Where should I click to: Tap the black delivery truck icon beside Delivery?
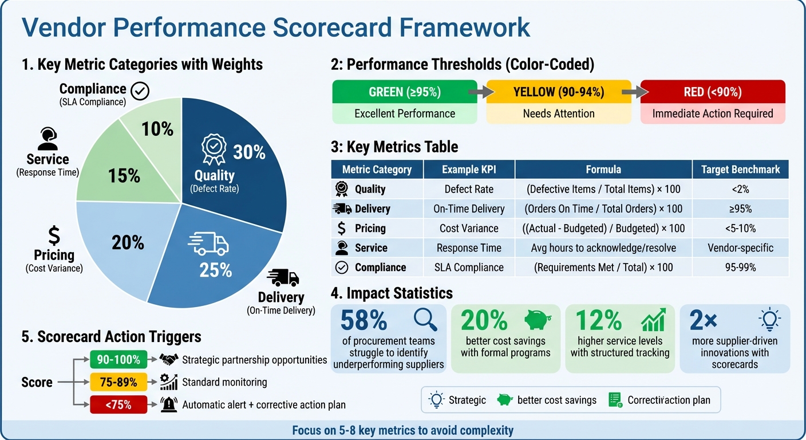pyautogui.click(x=283, y=277)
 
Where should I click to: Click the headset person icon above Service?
pyautogui.click(x=48, y=138)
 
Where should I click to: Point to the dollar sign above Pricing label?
pyautogui.click(x=54, y=235)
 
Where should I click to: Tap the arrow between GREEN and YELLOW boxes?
pyautogui.click(x=481, y=92)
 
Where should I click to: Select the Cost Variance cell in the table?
pyautogui.click(x=469, y=228)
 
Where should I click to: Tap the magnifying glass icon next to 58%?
pyautogui.click(x=425, y=320)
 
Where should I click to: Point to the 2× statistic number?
pyautogui.click(x=704, y=321)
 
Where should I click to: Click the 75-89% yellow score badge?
pyautogui.click(x=118, y=382)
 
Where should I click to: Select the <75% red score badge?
pyautogui.click(x=118, y=404)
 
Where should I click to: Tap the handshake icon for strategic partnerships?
pyautogui.click(x=168, y=360)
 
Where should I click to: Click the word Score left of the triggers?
pyautogui.click(x=37, y=382)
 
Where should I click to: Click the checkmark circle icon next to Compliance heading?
pyautogui.click(x=140, y=91)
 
